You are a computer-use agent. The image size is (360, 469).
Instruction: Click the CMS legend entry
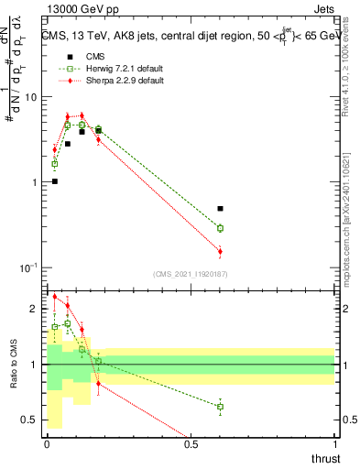pos(94,56)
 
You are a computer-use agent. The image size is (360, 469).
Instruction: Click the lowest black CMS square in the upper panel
pos(55,181)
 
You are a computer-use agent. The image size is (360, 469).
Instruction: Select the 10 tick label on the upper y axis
pos(30,97)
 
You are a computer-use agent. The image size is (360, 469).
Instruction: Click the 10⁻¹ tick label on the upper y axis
pos(27,267)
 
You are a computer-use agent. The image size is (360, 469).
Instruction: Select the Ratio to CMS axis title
pos(12,364)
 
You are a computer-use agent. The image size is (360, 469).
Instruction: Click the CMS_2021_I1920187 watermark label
pos(191,273)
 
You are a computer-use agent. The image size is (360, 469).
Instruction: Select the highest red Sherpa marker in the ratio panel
pos(55,297)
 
